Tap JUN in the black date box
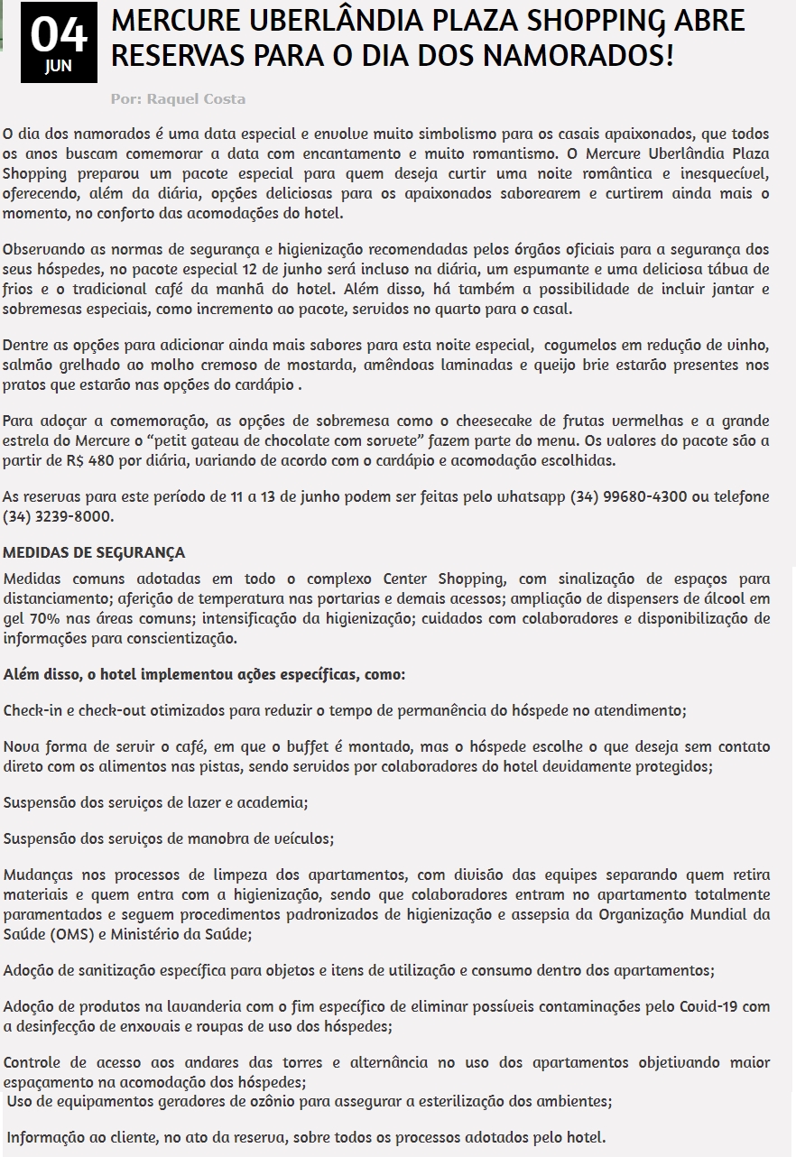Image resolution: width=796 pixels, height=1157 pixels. point(58,66)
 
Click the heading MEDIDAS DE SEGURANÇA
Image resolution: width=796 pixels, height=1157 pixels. point(94,552)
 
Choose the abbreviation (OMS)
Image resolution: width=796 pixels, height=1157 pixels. point(68,934)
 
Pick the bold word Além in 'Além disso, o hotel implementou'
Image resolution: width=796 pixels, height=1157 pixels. point(23,674)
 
